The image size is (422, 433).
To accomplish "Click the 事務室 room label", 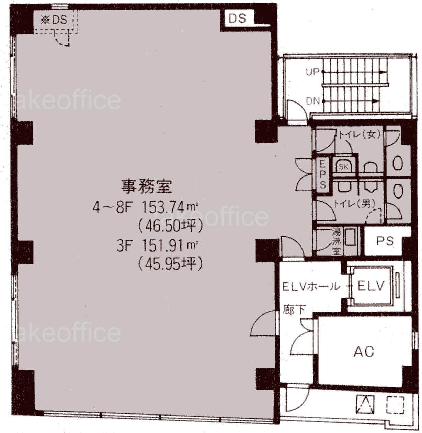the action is click(146, 187).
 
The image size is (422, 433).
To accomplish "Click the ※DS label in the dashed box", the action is click(54, 20).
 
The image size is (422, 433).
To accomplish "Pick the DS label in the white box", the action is click(237, 19).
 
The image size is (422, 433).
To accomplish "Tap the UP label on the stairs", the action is click(312, 72).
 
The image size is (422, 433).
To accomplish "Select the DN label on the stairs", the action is click(312, 102).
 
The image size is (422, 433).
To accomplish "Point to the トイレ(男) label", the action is click(355, 204).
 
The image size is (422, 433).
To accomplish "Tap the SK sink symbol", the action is click(343, 167).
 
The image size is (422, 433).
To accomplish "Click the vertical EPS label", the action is click(323, 175).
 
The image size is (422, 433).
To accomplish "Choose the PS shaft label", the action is click(385, 241).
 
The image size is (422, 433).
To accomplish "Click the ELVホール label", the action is click(311, 287).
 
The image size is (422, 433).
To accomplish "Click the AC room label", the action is click(364, 352).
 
